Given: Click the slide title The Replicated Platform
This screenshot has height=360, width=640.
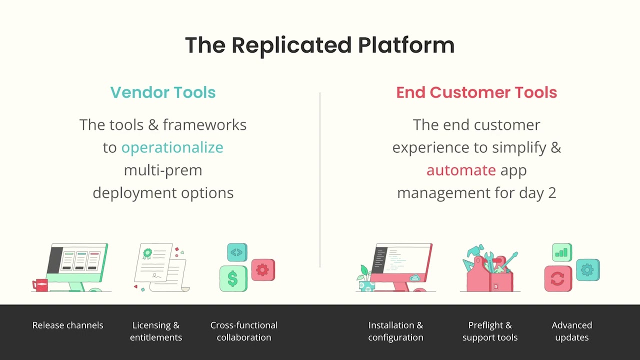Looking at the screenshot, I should click(x=319, y=45).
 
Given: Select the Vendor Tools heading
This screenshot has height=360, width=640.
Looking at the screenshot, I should click(x=163, y=92).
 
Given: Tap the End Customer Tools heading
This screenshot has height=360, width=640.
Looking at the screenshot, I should click(x=476, y=92).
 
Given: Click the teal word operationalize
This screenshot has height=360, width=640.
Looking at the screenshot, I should click(x=172, y=147).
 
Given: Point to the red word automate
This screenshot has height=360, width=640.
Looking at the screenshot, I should click(x=461, y=170).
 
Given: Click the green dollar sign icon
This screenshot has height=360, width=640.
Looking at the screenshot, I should click(x=233, y=279).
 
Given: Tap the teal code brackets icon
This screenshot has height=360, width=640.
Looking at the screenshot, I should click(x=237, y=252).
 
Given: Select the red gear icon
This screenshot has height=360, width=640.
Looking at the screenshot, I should click(x=263, y=270).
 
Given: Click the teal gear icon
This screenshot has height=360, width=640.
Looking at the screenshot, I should click(x=587, y=270).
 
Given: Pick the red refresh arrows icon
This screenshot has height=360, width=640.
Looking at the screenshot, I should click(x=558, y=279).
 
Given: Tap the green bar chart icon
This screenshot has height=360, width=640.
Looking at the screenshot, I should click(x=562, y=252).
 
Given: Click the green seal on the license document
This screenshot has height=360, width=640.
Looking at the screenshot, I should click(x=147, y=253).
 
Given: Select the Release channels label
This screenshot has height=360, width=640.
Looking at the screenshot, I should click(x=68, y=325).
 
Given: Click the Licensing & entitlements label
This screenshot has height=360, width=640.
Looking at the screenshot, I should click(x=156, y=331).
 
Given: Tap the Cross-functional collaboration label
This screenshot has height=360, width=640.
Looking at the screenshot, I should click(x=244, y=331).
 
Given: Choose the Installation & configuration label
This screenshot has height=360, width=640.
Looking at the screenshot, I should click(x=395, y=331).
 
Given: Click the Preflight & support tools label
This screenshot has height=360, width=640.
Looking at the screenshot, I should click(x=489, y=331).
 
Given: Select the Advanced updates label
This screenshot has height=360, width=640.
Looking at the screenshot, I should click(x=571, y=331).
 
